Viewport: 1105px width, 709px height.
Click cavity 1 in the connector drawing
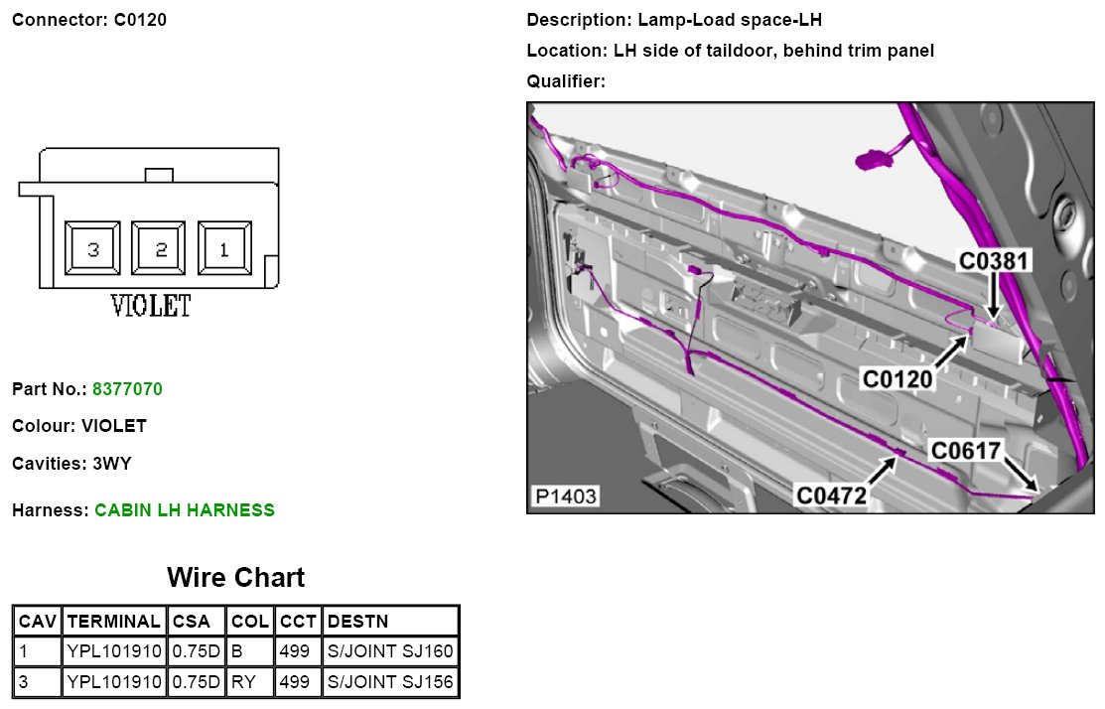224,248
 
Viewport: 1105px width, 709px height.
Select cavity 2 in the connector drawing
159,248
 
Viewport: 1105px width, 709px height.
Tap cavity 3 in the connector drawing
92,248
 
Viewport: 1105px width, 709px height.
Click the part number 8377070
127,389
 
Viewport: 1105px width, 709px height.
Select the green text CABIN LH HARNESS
185,510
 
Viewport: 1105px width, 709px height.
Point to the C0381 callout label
994,261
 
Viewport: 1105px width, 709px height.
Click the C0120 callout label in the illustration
898,378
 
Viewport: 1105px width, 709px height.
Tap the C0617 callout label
965,450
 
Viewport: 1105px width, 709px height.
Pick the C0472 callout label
831,494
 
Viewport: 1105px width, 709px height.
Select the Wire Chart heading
235,578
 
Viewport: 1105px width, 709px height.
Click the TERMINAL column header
114,622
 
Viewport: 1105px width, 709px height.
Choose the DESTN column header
357,622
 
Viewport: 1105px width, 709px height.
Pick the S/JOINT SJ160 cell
389,652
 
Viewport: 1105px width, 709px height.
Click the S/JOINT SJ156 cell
389,683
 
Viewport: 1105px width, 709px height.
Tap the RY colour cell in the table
242,683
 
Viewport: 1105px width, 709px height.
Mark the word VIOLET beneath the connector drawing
150,306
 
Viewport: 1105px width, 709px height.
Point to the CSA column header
191,622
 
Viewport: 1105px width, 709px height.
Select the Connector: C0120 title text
89,20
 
